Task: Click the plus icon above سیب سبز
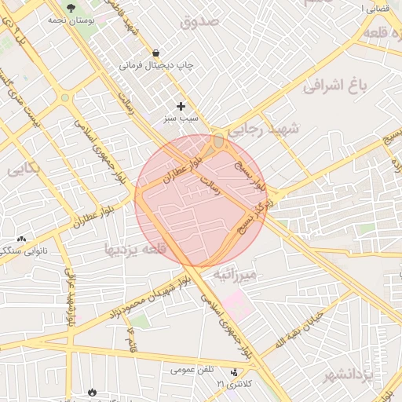(181, 106)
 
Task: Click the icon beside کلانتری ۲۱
(234, 371)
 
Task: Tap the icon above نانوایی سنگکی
(21, 239)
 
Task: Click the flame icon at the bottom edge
(92, 390)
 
